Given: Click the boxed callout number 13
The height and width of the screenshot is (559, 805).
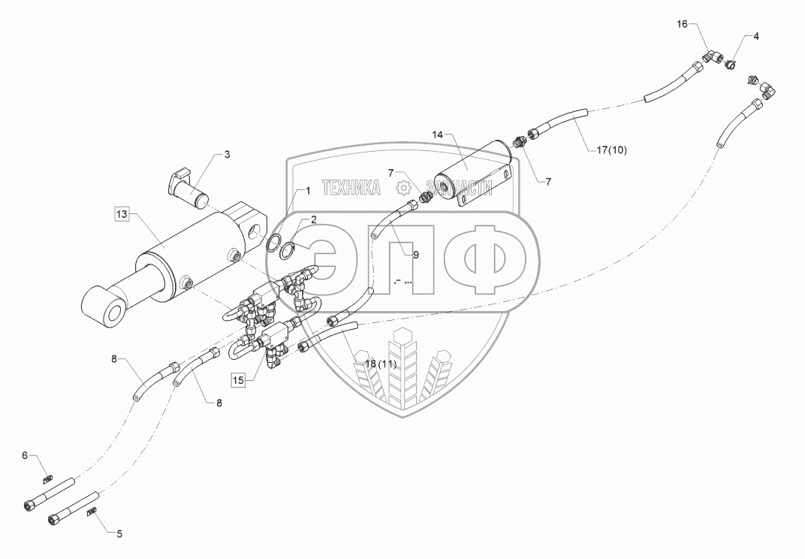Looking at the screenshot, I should [x=122, y=214].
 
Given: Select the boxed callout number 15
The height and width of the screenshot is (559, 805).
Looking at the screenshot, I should [x=238, y=381].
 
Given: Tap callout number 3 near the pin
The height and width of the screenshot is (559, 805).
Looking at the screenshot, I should [x=228, y=155].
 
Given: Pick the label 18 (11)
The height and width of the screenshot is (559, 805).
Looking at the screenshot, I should [x=380, y=364].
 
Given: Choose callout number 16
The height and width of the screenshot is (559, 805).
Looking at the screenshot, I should [x=682, y=24].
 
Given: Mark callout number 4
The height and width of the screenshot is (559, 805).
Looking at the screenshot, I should [x=755, y=36].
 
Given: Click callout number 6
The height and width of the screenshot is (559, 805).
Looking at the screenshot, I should [x=25, y=455].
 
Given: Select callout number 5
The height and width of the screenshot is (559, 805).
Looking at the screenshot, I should [x=119, y=534].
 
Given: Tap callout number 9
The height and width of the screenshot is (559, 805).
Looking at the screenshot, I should [x=415, y=254].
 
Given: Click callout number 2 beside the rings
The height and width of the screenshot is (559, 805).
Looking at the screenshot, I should [x=313, y=219].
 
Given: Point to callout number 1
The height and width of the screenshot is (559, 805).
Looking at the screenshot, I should [x=307, y=192].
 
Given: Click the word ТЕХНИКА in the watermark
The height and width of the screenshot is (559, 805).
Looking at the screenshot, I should [x=351, y=189].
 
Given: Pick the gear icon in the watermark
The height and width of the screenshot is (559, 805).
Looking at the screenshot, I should [x=404, y=186].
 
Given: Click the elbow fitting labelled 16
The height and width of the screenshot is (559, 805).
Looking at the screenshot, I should [x=713, y=57].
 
